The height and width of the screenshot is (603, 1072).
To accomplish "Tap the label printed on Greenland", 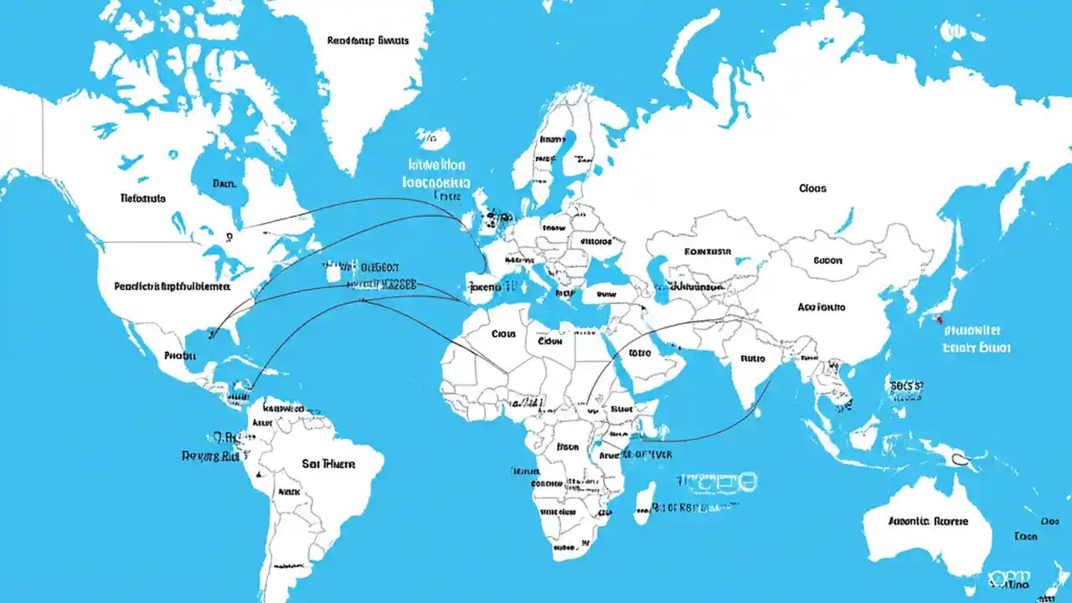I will [368, 39].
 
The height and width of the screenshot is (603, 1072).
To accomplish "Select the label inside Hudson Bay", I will [224, 183].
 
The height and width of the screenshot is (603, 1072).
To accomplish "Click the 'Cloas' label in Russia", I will [812, 188].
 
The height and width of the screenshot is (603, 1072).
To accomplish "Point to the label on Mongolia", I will [838, 260].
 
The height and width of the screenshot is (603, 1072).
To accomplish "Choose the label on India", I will [753, 358].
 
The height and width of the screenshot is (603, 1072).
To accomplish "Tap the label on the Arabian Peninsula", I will [638, 353].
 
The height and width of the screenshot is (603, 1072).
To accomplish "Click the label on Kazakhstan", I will [708, 250].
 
